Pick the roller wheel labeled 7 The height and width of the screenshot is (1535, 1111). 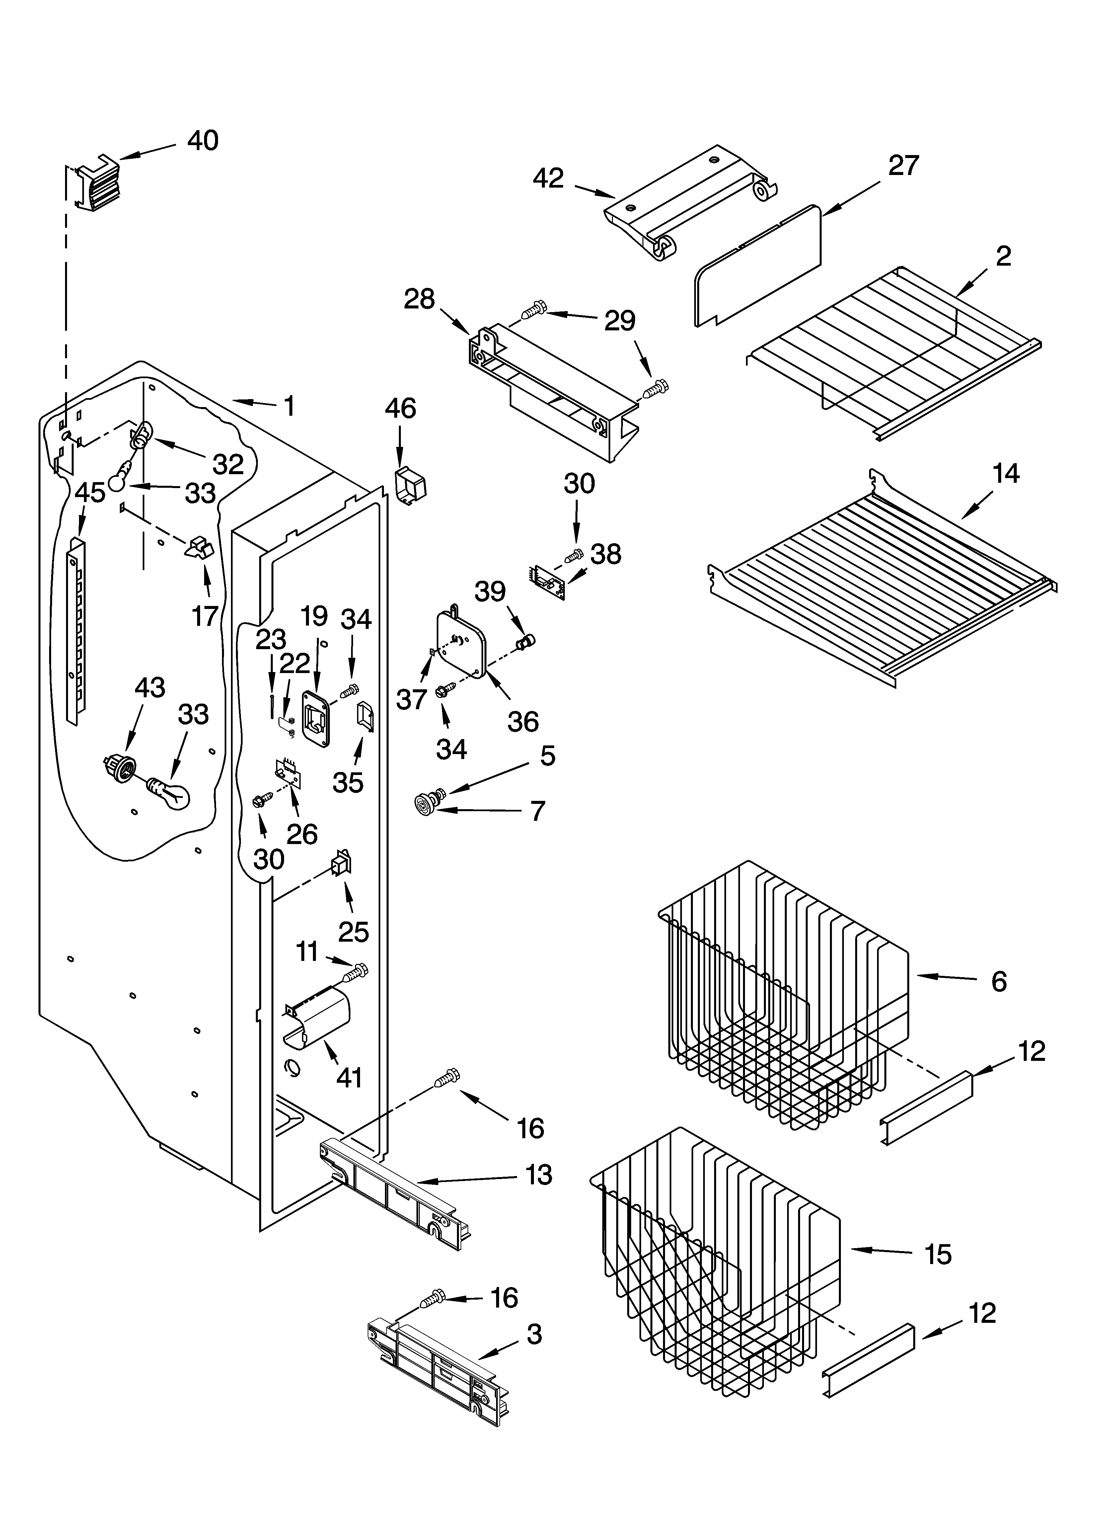(x=424, y=805)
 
